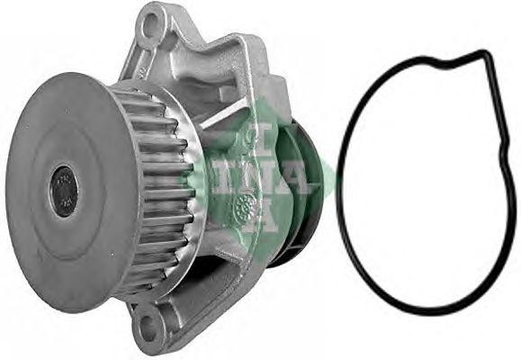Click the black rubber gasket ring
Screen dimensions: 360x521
346,225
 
